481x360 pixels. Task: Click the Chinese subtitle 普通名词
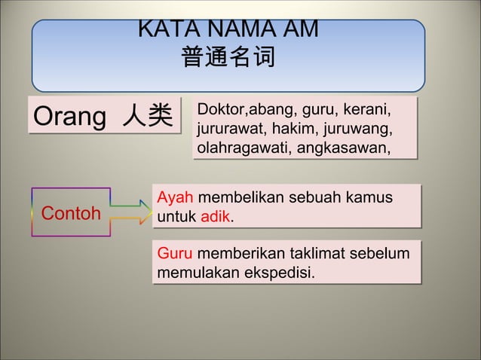pos(228,57)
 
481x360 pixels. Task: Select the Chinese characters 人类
pos(147,117)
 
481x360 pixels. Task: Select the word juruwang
pos(360,129)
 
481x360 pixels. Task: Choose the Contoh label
pos(71,213)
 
